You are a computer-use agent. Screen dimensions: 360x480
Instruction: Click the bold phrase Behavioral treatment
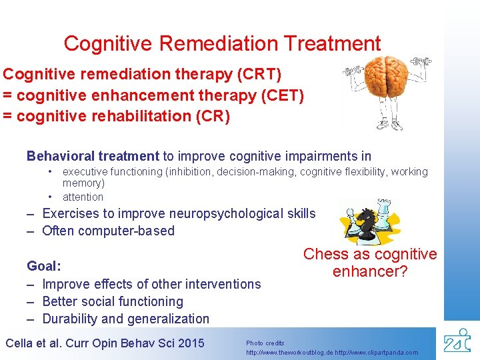point(93,156)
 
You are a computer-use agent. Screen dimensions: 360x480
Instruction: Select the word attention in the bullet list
point(83,197)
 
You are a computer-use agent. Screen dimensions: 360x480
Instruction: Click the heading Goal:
point(44,266)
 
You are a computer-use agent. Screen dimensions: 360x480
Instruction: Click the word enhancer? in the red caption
point(370,271)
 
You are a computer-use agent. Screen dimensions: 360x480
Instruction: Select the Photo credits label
point(265,343)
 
